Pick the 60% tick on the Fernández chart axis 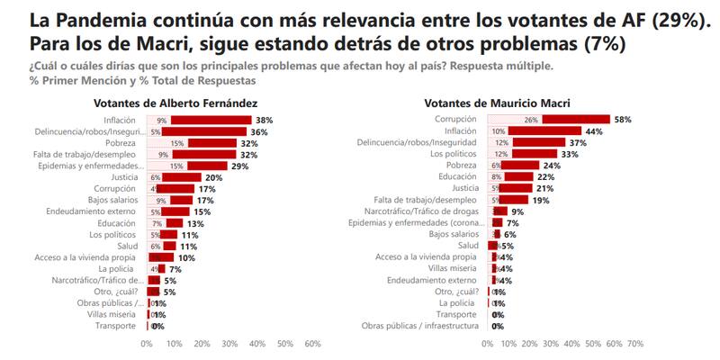coord(313,343)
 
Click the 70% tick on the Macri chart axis coord(634,343)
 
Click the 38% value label coord(264,120)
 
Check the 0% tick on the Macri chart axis coord(488,343)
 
